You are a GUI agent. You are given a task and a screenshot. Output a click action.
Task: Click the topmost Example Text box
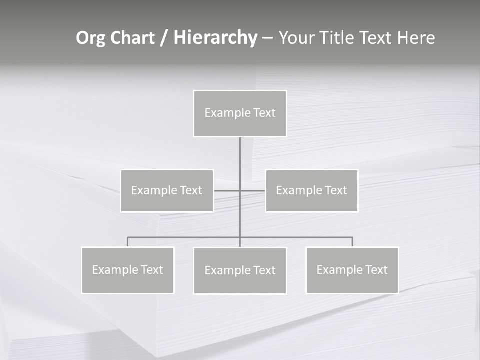coord(240,113)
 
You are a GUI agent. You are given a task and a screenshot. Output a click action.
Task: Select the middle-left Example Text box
coord(167,191)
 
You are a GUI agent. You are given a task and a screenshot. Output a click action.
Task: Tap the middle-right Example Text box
coord(312,191)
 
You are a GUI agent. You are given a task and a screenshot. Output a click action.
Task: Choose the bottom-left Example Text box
coord(128,270)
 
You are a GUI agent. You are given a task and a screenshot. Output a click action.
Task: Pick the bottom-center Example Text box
coord(240,271)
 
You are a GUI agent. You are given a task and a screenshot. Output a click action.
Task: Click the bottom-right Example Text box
coord(352,270)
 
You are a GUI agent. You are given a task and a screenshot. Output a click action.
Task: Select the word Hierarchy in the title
coord(215,38)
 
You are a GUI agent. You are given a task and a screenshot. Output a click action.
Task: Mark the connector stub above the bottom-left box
coord(128,242)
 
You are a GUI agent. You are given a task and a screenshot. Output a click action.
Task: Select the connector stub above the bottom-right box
coord(352,242)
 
